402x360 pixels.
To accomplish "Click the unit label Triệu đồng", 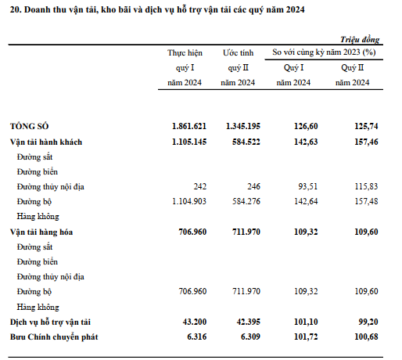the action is click(x=360, y=39).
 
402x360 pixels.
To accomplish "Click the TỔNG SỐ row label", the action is click(x=29, y=126).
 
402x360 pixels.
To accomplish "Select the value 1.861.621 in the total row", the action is click(x=189, y=126).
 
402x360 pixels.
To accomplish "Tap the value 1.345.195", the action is click(x=243, y=126).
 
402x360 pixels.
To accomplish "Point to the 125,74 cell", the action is click(x=366, y=126).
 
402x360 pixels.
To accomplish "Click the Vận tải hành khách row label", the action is click(x=46, y=142).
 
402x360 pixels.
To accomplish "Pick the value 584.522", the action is click(x=246, y=142).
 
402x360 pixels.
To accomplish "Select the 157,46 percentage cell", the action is click(x=366, y=142).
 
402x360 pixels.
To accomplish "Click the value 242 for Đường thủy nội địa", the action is click(x=200, y=186).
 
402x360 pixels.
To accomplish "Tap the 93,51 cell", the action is click(x=308, y=186).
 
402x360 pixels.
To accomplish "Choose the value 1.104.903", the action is click(x=189, y=201).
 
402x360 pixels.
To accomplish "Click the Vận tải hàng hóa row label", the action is click(x=41, y=232).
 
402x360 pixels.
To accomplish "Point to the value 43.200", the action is click(x=195, y=322).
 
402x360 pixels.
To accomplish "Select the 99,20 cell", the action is click(x=368, y=322).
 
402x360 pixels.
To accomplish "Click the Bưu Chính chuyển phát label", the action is click(x=54, y=337).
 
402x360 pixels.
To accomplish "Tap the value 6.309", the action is click(x=250, y=337).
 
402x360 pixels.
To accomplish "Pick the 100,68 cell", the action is click(x=366, y=337).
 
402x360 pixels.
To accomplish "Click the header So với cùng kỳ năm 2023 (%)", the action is click(x=324, y=52).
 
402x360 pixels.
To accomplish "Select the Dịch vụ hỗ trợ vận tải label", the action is click(x=50, y=322).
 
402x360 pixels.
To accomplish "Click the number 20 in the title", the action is click(x=16, y=9).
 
